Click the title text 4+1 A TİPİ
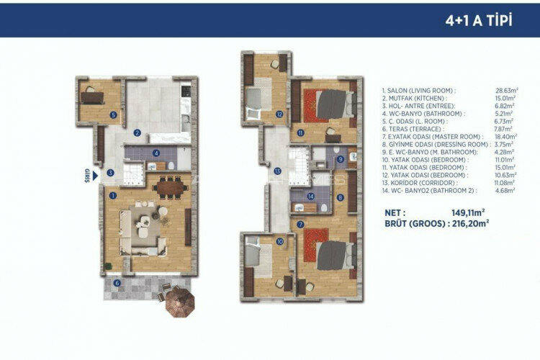click(x=479, y=20)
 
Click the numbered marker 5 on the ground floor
click(x=113, y=114)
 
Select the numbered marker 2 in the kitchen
click(x=137, y=132)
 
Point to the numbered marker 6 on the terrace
click(x=117, y=282)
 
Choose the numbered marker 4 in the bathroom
click(x=156, y=153)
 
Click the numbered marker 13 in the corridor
click(x=277, y=171)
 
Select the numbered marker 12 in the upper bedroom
click(x=279, y=113)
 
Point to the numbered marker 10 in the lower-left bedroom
click(x=279, y=242)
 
